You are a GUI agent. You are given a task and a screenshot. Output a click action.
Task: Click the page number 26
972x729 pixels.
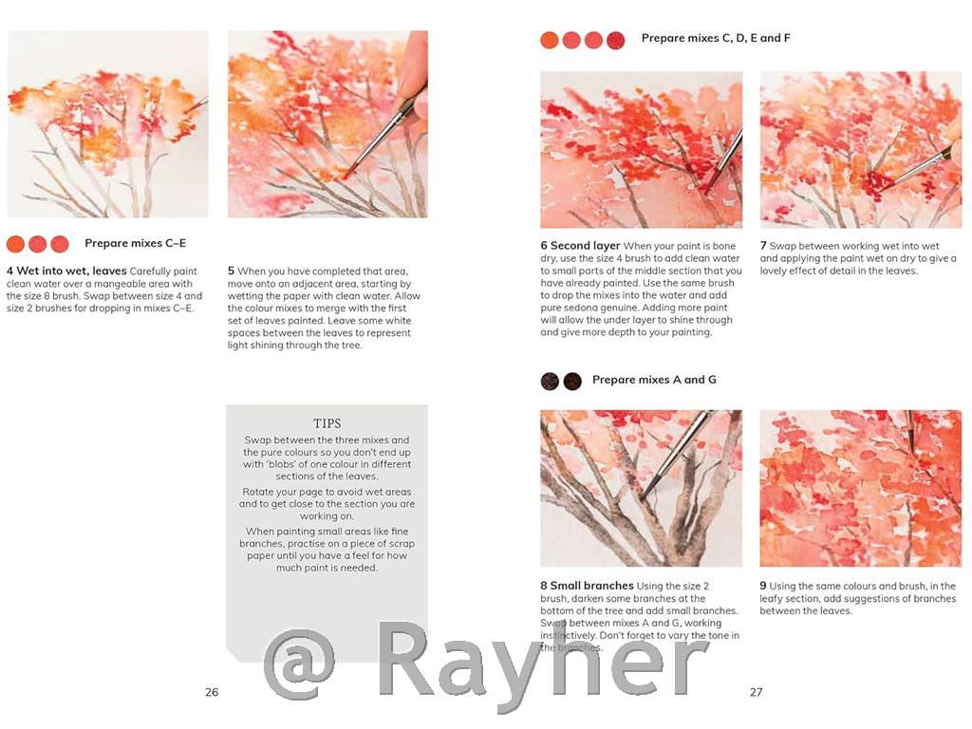tap(212, 692)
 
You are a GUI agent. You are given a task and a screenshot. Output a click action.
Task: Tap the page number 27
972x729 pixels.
tap(756, 692)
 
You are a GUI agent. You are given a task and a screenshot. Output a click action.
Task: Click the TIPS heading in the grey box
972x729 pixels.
tap(327, 423)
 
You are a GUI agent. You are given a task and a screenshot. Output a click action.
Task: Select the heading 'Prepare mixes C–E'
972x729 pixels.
tap(135, 244)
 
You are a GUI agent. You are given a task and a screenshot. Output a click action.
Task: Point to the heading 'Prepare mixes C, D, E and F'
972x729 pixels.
tap(716, 39)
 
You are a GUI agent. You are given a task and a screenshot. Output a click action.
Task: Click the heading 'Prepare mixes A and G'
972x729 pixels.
tap(654, 380)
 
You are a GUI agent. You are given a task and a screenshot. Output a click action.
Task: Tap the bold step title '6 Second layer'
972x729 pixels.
tap(580, 246)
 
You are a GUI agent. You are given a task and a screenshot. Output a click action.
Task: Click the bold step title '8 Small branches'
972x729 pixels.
tap(586, 587)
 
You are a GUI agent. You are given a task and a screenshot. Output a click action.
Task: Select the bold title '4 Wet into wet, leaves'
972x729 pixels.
tap(66, 271)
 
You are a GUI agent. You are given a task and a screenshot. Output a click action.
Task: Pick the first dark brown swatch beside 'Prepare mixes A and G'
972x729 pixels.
tap(550, 381)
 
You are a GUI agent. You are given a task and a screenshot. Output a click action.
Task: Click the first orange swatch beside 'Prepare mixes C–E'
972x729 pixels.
tap(15, 244)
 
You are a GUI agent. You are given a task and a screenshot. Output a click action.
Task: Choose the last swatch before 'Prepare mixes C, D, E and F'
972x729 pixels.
tap(616, 40)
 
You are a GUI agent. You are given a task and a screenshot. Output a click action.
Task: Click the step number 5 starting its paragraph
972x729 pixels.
tap(231, 271)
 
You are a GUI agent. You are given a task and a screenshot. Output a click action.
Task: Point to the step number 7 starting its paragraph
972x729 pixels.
tap(763, 246)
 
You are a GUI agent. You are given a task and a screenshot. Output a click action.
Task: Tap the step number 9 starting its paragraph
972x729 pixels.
tap(763, 587)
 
